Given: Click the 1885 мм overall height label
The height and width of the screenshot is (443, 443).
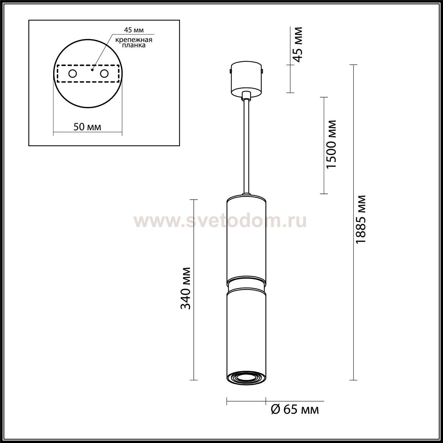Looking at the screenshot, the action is pos(360,220).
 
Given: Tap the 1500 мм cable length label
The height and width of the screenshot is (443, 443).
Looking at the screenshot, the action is pos(331,144).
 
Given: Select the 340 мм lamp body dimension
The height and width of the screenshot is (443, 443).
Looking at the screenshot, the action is pos(186,288).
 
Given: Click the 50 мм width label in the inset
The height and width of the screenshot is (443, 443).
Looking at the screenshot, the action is pos(87,127).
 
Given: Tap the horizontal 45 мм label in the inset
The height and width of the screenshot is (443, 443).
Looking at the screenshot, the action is pos(134,30).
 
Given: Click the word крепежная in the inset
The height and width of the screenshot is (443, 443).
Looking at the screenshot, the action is pos(134,40).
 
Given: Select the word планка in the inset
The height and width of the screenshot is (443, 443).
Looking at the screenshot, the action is pos(134,45).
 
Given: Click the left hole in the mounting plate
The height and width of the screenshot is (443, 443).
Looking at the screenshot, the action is pos(73,74).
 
